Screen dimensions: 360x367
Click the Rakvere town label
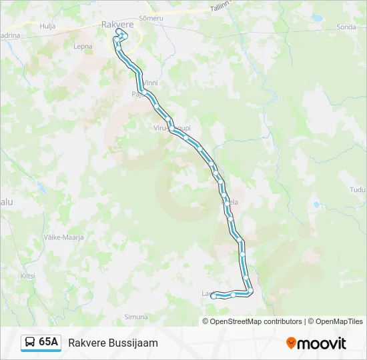pyautogui.click(x=117, y=25)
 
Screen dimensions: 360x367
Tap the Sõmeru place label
pyautogui.click(x=151, y=18)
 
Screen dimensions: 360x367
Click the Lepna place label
pyautogui.click(x=83, y=47)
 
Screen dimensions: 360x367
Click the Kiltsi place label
pyautogui.click(x=27, y=275)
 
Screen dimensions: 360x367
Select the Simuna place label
pyautogui.click(x=136, y=317)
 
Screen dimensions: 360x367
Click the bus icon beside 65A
pyautogui.click(x=30, y=343)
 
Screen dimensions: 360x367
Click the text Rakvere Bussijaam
pyautogui.click(x=113, y=343)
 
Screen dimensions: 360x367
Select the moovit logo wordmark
pyautogui.click(x=322, y=343)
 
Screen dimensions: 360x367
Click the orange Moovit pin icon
pyautogui.click(x=291, y=343)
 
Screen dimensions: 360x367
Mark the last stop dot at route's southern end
pyautogui.click(x=214, y=297)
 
